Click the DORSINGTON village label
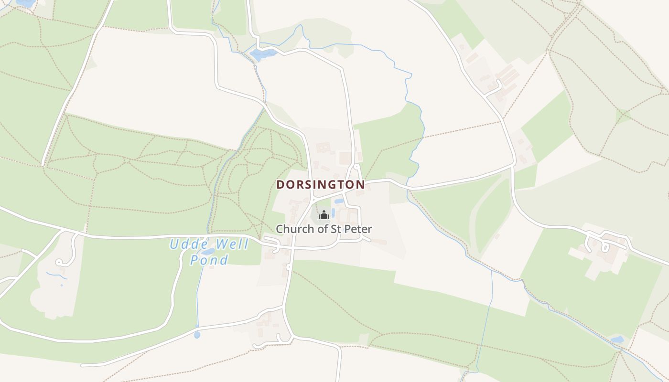click(320, 184)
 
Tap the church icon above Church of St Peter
click(324, 215)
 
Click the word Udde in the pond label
click(186, 245)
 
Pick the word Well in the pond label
click(232, 245)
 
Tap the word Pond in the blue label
click(209, 260)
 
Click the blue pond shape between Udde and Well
click(208, 251)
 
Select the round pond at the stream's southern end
click(197, 335)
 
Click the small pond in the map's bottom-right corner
click(617, 340)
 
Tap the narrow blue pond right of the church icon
click(333, 212)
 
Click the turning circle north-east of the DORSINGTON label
click(357, 167)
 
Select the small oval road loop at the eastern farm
click(605, 247)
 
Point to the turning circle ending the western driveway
click(59, 262)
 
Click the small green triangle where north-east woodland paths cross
click(623, 116)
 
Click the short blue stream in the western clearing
click(56, 275)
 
